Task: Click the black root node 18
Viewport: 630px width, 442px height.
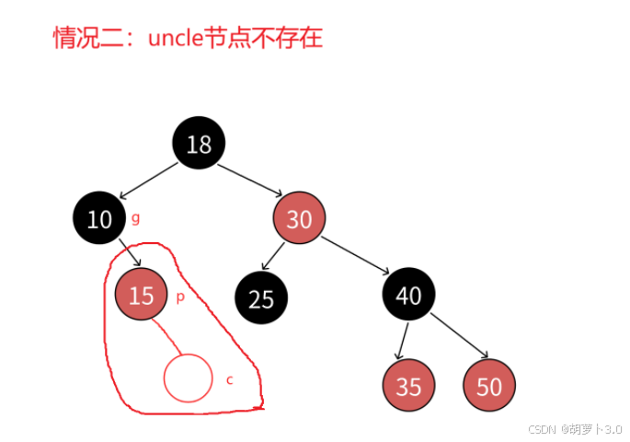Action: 199,144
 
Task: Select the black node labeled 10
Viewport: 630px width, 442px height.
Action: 99,218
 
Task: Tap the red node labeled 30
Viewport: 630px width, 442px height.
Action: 299,219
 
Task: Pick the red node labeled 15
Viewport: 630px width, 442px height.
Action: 141,295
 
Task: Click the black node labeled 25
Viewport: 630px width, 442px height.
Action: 261,298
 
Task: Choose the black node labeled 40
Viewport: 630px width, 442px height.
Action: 408,295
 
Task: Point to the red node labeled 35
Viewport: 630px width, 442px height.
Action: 408,386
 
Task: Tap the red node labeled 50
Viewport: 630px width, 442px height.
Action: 489,386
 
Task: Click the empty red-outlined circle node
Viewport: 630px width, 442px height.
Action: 189,378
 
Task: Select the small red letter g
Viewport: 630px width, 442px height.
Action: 135,218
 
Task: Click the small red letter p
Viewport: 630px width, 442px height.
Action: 180,297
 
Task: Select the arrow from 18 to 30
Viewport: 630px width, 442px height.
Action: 250,180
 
